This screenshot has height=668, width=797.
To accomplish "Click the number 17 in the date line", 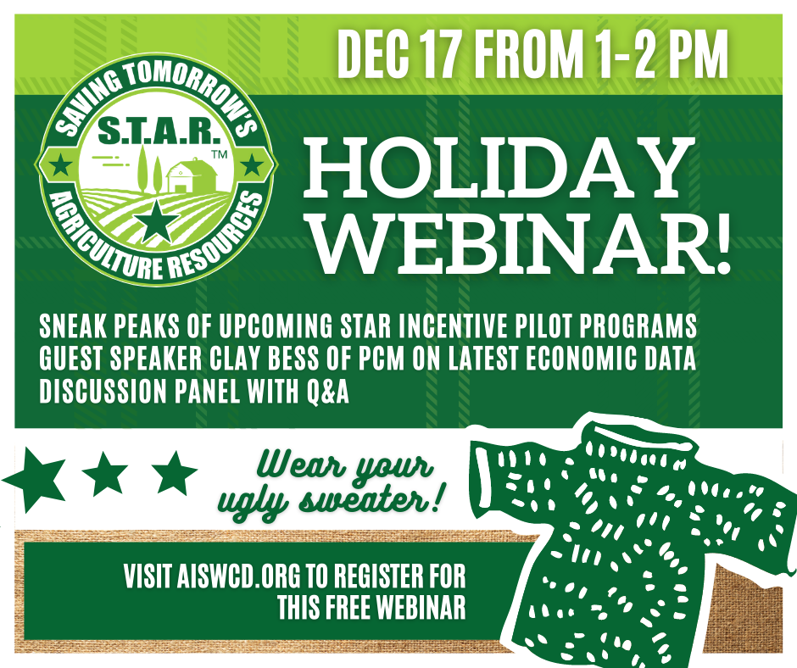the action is coord(440,54).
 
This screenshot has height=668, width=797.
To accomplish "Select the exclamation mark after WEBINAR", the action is coord(722,243).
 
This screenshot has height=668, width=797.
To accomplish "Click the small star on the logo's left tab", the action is coord(62,164).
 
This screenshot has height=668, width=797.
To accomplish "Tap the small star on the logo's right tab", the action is coord(251,164).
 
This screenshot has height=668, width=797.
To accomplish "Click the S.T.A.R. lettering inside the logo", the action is coord(159,131).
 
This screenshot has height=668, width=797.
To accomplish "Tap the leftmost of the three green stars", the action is coord(34,478).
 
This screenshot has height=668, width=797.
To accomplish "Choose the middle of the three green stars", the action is coord(104,474).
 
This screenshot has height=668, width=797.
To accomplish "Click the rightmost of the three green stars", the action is coord(175,474).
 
